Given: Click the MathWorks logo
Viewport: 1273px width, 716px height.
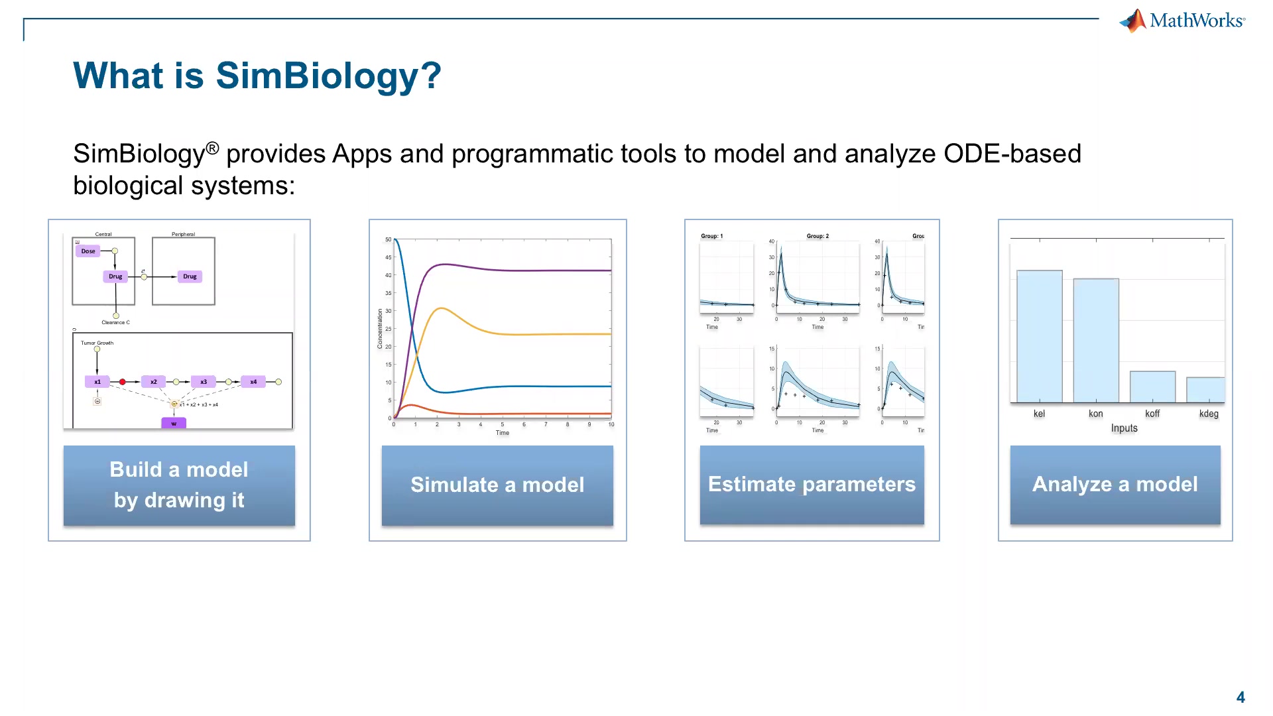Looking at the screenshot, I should (x=1182, y=21).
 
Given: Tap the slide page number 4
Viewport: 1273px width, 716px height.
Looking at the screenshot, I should (x=1241, y=697).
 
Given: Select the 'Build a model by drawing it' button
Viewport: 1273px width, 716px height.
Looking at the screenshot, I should (x=179, y=485).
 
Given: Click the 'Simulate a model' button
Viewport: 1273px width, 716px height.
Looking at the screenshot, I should (x=497, y=485).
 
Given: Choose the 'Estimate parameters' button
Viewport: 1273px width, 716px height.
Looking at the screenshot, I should (x=812, y=485).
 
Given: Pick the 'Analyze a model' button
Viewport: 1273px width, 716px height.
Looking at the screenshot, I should (x=1115, y=485).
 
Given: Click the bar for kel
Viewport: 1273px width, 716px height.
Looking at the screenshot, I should (x=1039, y=336).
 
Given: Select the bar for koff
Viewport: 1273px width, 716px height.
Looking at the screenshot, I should (x=1152, y=387).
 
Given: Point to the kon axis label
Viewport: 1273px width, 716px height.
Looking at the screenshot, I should (x=1095, y=414).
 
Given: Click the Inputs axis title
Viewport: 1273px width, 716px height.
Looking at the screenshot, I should (x=1124, y=428).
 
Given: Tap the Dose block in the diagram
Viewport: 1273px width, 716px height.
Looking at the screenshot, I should (x=88, y=251).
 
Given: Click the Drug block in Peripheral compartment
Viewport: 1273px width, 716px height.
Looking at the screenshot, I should (x=190, y=276).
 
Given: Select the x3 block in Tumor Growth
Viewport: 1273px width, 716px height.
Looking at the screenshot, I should (x=204, y=382).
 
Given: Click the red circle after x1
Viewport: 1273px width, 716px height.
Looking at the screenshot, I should (x=122, y=382).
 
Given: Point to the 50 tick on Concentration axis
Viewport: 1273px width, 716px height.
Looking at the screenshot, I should (x=388, y=239).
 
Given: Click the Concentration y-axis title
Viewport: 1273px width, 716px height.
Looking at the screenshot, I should (x=380, y=329).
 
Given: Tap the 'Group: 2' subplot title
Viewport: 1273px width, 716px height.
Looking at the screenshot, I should (x=818, y=236).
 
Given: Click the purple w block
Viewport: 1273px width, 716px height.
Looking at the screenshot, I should (x=174, y=423).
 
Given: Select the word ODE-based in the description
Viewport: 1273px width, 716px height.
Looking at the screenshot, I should (x=1012, y=154).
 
